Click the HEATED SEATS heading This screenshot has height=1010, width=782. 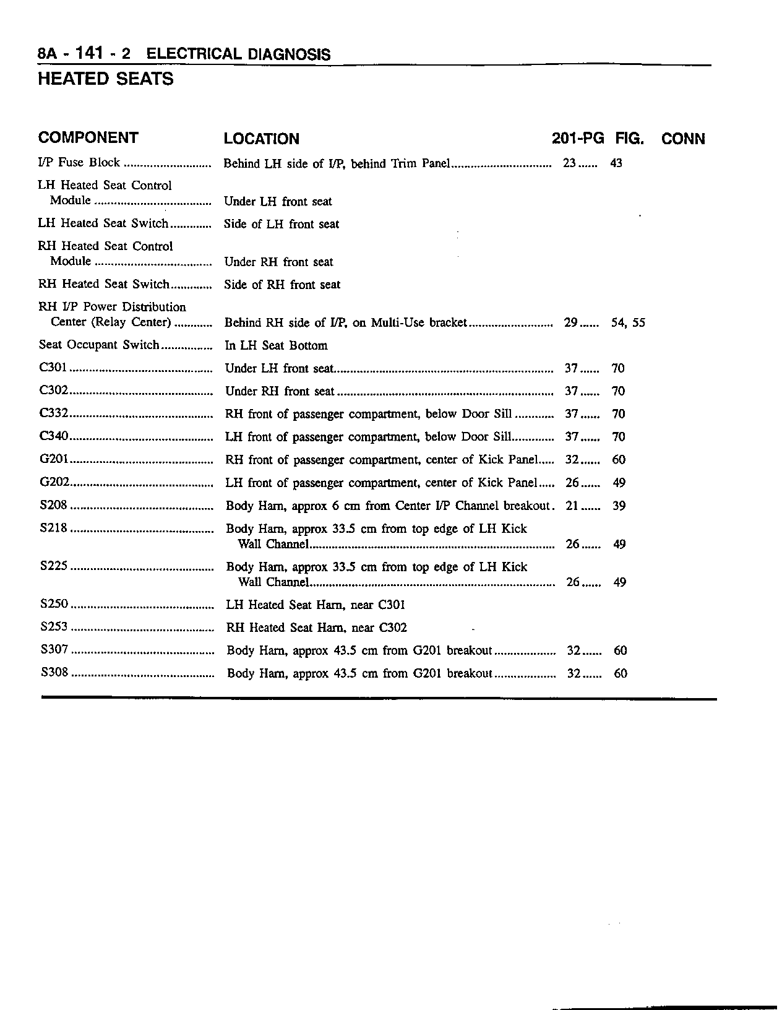[106, 79]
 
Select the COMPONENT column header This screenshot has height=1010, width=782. [88, 137]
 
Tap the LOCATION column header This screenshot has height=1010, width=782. [261, 139]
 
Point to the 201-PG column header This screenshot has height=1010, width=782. [577, 139]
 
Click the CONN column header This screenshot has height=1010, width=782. [683, 139]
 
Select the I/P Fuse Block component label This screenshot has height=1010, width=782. [79, 163]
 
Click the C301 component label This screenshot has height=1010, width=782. [53, 368]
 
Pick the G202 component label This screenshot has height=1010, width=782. [54, 483]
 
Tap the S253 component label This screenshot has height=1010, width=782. [54, 627]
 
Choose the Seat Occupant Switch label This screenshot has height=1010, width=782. [99, 345]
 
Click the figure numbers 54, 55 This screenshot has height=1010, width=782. [628, 322]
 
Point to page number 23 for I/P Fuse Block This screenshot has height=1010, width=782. [570, 163]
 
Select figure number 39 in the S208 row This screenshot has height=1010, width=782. [619, 506]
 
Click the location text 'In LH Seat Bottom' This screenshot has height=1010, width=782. [276, 345]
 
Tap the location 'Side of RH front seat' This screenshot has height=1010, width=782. [282, 285]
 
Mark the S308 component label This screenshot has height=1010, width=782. [54, 673]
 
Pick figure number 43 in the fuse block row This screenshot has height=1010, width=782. [616, 163]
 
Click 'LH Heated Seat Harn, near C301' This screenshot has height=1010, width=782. [316, 605]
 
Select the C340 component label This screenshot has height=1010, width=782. [53, 437]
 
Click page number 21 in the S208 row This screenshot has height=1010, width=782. [572, 506]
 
